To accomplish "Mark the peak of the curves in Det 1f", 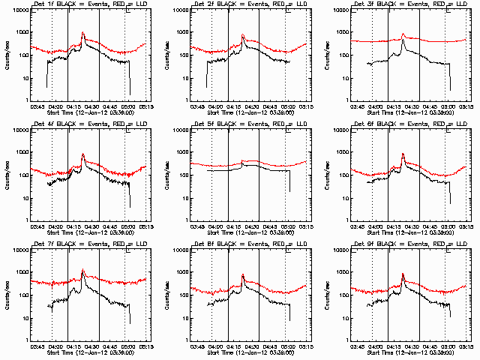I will coord(82,33).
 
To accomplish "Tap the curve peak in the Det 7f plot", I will coord(82,270).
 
